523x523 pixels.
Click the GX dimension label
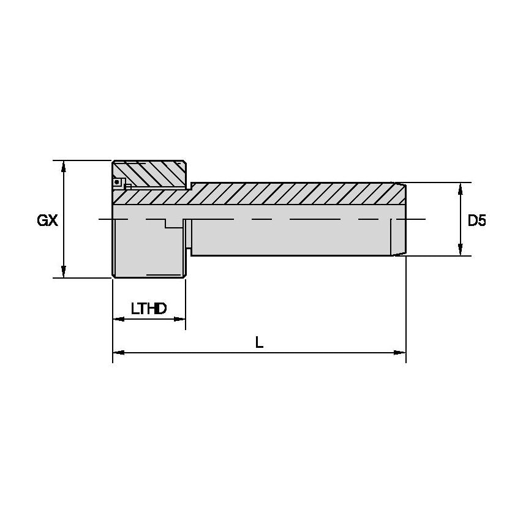pyautogui.click(x=47, y=220)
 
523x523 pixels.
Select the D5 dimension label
pyautogui.click(x=476, y=220)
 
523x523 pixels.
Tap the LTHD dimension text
pyautogui.click(x=149, y=308)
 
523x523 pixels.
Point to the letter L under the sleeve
pyautogui.click(x=259, y=343)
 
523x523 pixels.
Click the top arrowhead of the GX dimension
pyautogui.click(x=64, y=165)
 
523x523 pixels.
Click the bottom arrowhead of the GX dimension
pyautogui.click(x=64, y=273)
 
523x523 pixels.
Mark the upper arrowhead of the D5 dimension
pyautogui.click(x=460, y=187)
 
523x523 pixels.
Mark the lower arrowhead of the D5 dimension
pyautogui.click(x=460, y=251)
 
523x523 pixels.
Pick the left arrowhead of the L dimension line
pyautogui.click(x=118, y=353)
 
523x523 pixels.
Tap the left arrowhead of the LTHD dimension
pyautogui.click(x=118, y=319)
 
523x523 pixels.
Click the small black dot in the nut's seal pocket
pyautogui.click(x=116, y=181)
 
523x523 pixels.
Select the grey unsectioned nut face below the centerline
pyautogui.click(x=147, y=251)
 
